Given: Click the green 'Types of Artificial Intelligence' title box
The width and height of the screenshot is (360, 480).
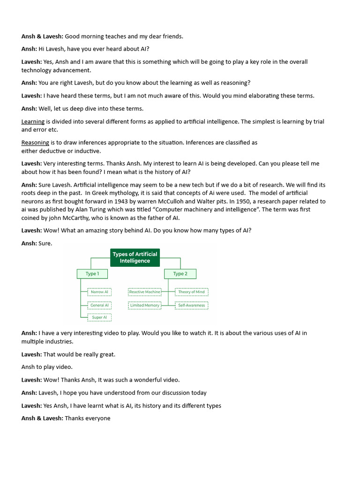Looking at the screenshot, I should click(x=135, y=257).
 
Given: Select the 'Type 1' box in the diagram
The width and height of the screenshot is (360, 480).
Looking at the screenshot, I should click(x=92, y=274).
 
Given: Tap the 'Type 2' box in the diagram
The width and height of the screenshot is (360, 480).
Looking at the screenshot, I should click(x=180, y=274).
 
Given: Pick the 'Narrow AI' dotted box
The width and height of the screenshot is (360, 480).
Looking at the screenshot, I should click(x=99, y=292).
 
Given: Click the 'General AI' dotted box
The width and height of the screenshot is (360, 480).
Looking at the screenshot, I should click(x=99, y=305).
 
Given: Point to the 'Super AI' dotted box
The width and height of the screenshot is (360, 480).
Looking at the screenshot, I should click(x=99, y=317).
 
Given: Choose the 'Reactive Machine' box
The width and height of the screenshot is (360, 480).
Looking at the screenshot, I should click(x=145, y=292).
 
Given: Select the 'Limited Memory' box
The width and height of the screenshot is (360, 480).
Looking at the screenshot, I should click(x=145, y=305).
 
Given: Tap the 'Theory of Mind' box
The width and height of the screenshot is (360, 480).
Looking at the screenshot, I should click(x=191, y=292).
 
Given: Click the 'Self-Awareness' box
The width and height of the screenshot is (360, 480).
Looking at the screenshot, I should click(x=191, y=305).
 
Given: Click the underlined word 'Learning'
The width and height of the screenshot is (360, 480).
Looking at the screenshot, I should click(x=33, y=121).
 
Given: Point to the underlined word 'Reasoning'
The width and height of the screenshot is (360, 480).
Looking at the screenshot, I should click(x=35, y=142).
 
